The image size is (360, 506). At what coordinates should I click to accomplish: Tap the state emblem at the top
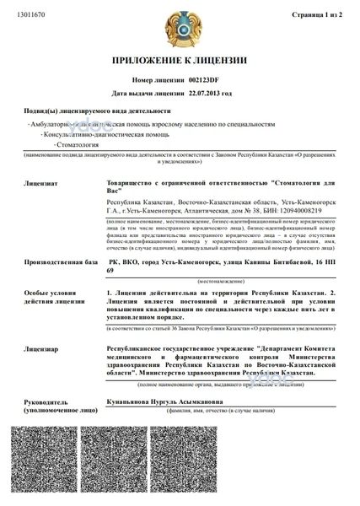(179, 24)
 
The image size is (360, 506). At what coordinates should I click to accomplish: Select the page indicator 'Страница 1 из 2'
(316, 15)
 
